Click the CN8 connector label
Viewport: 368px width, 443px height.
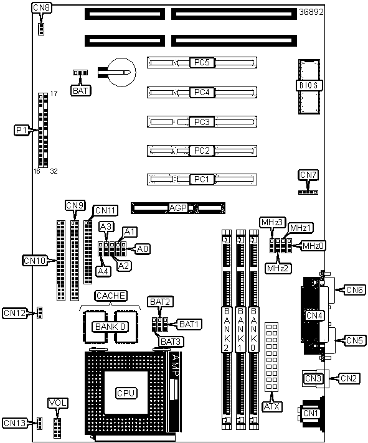41,7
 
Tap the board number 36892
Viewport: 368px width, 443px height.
311,12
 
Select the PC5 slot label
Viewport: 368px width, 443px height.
202,62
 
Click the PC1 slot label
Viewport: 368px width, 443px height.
202,179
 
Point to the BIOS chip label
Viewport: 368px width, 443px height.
309,85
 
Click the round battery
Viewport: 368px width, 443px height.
122,72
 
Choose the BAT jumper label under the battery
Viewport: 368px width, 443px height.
80,91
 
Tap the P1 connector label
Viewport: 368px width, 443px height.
21,130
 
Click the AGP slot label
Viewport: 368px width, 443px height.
178,208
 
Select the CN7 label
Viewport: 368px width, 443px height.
308,175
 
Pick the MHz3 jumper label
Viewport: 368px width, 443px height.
272,222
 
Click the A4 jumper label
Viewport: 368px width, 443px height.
103,271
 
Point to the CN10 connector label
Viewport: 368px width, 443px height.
34,261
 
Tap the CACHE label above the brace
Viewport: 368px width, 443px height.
110,296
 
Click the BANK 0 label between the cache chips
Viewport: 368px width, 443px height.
110,327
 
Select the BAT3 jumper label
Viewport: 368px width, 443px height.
171,342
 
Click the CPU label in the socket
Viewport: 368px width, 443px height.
126,393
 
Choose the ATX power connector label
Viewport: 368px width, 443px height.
272,406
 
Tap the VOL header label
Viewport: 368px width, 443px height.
58,403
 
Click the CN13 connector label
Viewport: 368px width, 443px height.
15,423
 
